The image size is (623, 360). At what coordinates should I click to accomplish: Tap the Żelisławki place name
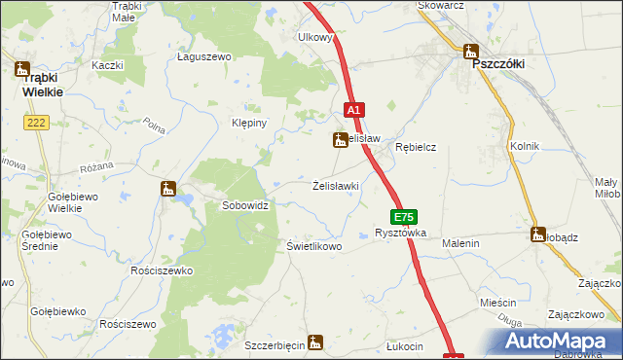pyautogui.click(x=337, y=186)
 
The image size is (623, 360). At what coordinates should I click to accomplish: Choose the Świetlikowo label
pyautogui.click(x=314, y=246)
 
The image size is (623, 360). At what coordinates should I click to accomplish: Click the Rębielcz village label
pyautogui.click(x=416, y=147)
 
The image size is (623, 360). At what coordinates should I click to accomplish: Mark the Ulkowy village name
pyautogui.click(x=316, y=38)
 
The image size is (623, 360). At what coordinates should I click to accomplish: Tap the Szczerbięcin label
pyautogui.click(x=275, y=345)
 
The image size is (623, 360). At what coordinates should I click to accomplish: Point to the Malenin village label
pyautogui.click(x=460, y=243)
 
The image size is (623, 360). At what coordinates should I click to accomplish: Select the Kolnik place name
pyautogui.click(x=524, y=146)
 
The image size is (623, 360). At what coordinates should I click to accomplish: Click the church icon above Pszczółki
pyautogui.click(x=472, y=52)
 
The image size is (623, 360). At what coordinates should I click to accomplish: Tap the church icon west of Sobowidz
pyautogui.click(x=168, y=189)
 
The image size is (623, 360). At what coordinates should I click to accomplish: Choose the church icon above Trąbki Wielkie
pyautogui.click(x=21, y=69)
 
